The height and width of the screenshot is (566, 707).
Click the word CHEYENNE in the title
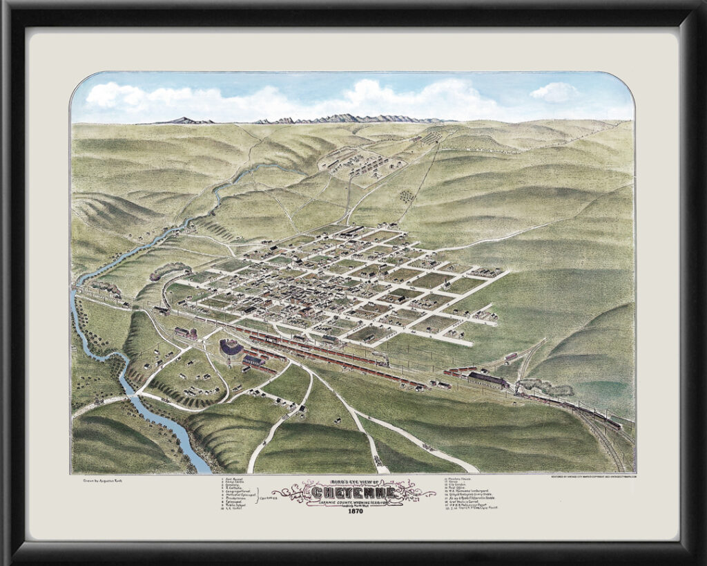(x=353, y=493)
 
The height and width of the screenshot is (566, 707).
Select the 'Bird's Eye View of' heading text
(x=353, y=482)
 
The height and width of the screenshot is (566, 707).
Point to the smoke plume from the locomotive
(x=545, y=386)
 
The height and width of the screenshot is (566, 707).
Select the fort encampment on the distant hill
(x=359, y=162)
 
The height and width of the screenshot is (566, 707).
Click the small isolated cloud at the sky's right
(x=555, y=92)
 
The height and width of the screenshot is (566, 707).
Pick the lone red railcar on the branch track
(x=511, y=357)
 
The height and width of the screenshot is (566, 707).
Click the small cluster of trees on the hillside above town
(x=407, y=196)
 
